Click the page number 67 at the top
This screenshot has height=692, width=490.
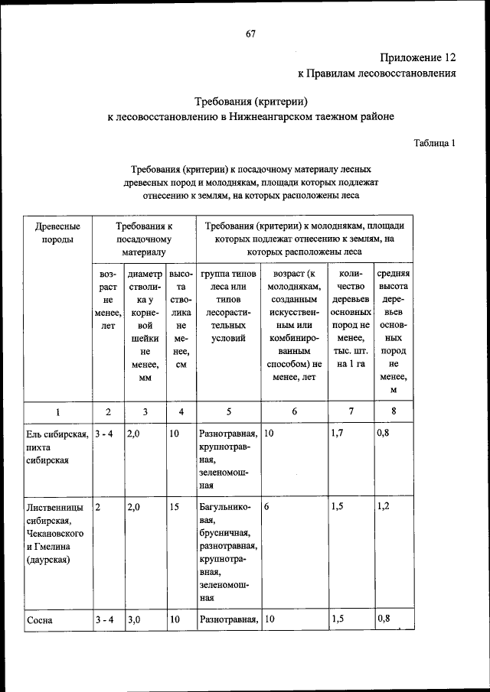pyautogui.click(x=250, y=33)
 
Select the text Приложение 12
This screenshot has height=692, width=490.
pyautogui.click(x=418, y=57)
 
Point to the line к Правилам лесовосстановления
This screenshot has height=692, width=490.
pyautogui.click(x=377, y=74)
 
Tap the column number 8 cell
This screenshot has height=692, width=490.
pyautogui.click(x=393, y=411)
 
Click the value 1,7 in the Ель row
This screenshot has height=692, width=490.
pyautogui.click(x=338, y=434)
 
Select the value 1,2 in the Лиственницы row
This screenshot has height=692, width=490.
pyautogui.click(x=384, y=506)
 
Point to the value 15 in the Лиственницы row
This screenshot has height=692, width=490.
pyautogui.click(x=175, y=506)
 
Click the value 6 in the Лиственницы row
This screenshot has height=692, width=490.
pyautogui.click(x=266, y=506)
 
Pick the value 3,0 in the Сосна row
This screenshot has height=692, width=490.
pyautogui.click(x=134, y=620)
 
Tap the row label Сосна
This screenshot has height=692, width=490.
pyautogui.click(x=39, y=620)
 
